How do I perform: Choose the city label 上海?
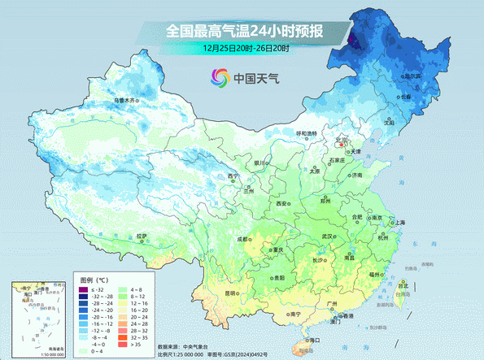click(x=396, y=221)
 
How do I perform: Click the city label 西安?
click(x=281, y=202)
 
